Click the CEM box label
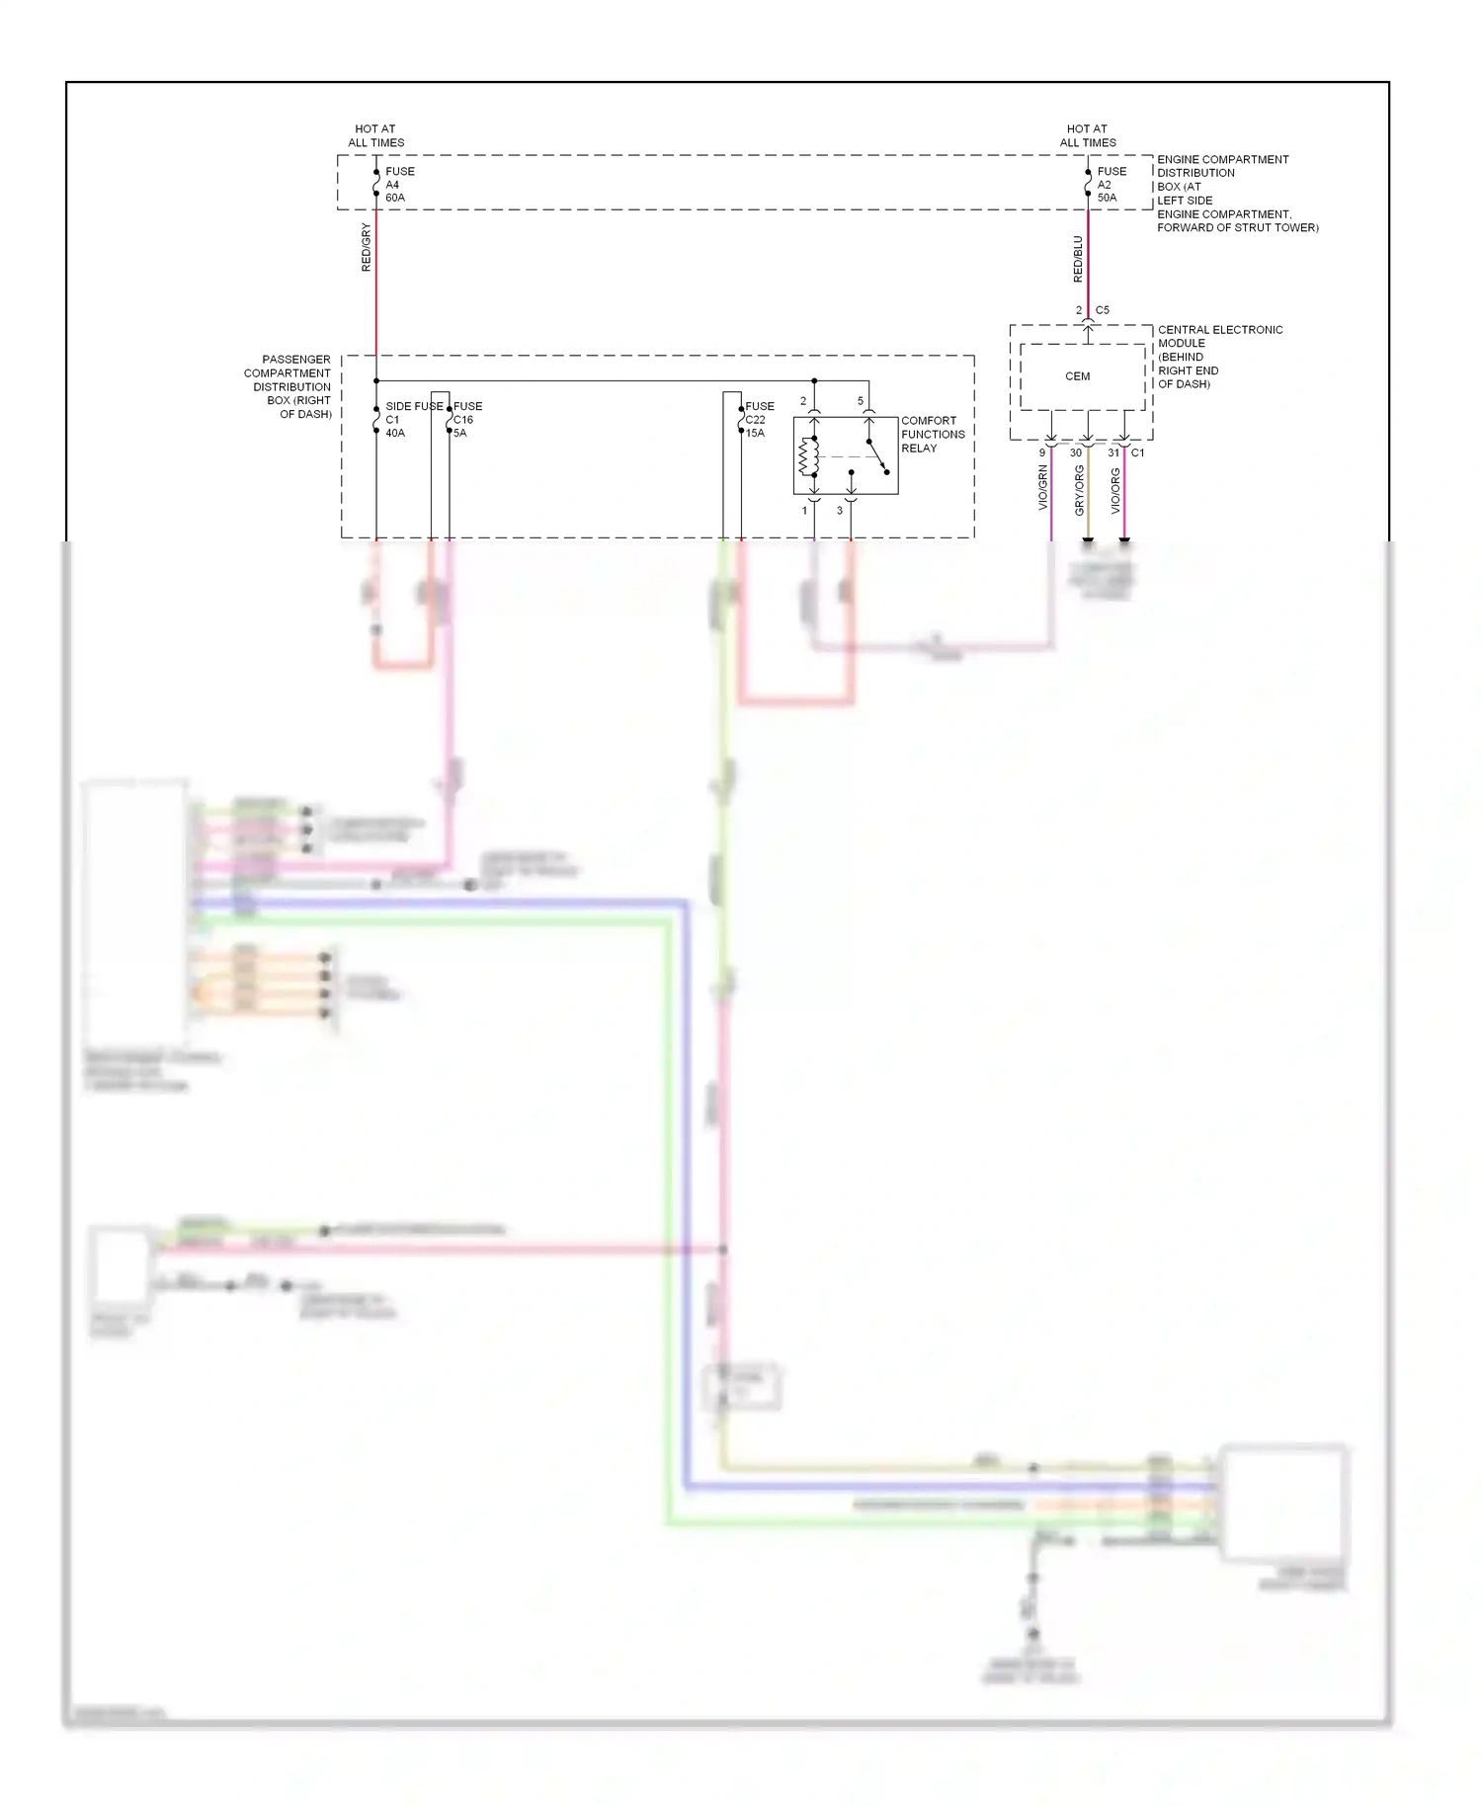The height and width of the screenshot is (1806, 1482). point(1077,376)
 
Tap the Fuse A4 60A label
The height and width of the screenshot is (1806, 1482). point(399,185)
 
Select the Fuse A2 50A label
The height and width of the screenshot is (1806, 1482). point(1111,185)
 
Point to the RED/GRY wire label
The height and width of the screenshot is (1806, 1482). point(366,247)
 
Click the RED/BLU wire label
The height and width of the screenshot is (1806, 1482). point(1078,259)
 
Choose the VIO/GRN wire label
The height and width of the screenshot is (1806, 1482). point(1042,488)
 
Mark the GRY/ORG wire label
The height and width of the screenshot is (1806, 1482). point(1079,490)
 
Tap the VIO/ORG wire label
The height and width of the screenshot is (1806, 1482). point(1115,490)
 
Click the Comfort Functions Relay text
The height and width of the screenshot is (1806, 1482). point(932,435)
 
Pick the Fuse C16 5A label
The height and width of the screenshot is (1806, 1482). point(466,420)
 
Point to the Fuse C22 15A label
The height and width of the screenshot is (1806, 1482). point(759,420)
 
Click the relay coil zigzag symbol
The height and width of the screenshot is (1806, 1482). point(804,457)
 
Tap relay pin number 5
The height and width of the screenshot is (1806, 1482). point(861,401)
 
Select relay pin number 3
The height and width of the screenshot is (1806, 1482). point(840,511)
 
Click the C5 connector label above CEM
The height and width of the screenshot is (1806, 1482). point(1103,310)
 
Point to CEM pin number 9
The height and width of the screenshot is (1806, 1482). point(1041,453)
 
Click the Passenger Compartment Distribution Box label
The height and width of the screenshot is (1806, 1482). point(288,387)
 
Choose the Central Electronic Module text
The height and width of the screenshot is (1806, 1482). point(1219,357)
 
